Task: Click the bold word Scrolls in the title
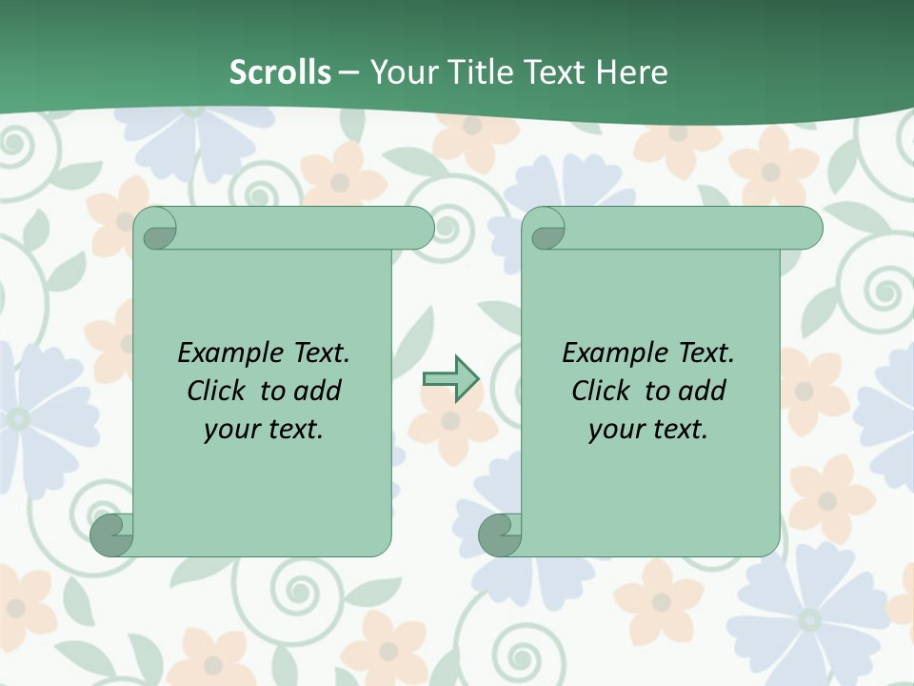pos(280,72)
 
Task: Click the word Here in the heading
pos(631,72)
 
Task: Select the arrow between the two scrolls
pos(450,379)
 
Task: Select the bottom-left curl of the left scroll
pos(111,535)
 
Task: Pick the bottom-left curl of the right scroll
pos(499,535)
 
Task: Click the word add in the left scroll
pos(317,391)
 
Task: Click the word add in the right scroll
pos(702,391)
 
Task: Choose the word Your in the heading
pos(401,72)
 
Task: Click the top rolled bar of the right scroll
pos(685,228)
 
